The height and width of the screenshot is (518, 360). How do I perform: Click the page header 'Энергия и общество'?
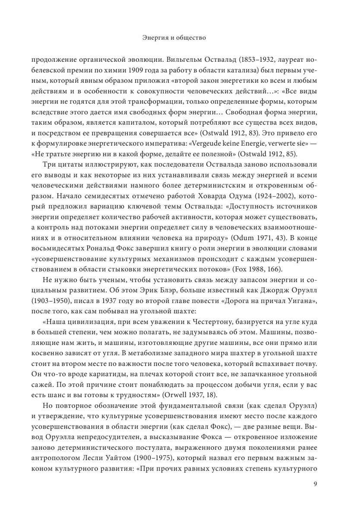click(174, 38)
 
